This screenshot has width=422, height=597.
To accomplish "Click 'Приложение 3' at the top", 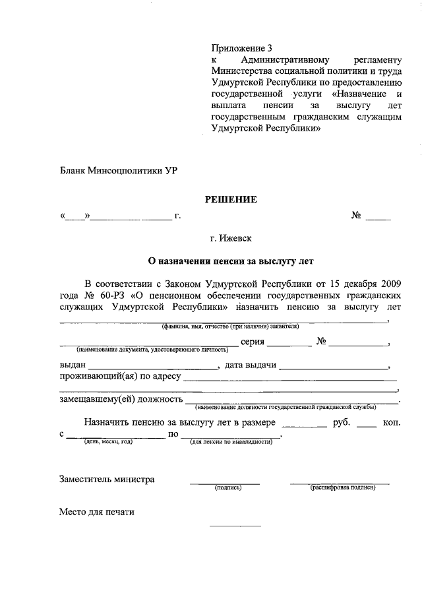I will [241, 48].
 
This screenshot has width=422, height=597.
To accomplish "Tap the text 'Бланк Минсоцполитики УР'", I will [118, 170].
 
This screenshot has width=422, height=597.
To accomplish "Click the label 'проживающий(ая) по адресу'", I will [119, 377].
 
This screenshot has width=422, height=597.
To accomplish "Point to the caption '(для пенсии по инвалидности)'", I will [232, 441].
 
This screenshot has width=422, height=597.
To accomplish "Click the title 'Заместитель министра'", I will [107, 480].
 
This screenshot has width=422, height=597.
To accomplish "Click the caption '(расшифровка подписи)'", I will [342, 488].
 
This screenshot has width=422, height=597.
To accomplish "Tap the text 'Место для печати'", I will [97, 511].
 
